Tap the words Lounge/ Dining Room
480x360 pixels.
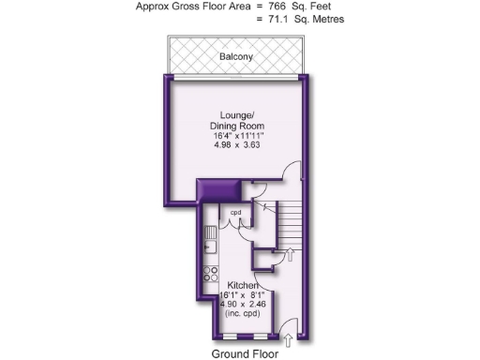(x=235, y=119)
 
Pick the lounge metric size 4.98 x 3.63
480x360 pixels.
(x=235, y=146)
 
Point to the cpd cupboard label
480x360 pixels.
(x=236, y=213)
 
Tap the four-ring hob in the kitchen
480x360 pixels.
(x=210, y=277)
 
